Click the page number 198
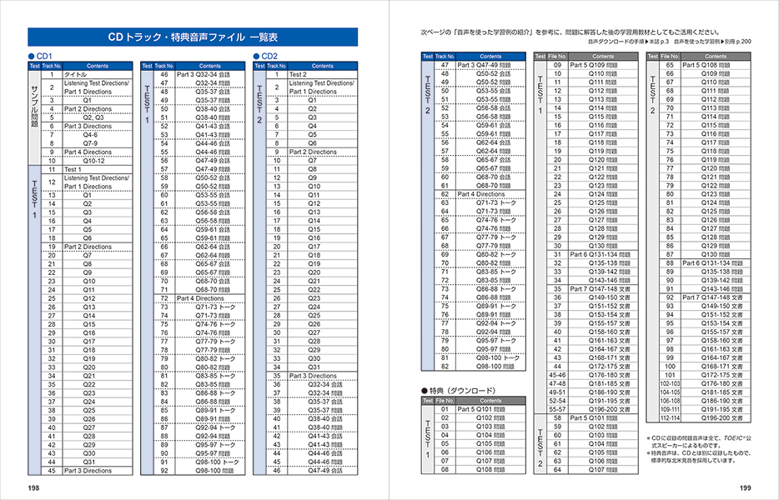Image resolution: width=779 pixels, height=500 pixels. click(x=33, y=487)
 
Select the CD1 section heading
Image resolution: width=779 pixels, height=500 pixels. click(x=42, y=56)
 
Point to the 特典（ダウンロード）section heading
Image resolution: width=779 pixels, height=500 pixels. click(x=459, y=390)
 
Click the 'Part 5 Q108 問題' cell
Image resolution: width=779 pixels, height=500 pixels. click(x=711, y=65)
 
